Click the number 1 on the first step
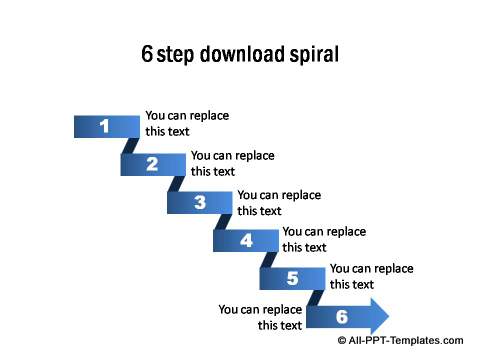coord(105,126)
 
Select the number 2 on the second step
coord(152,165)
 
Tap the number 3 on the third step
coord(199,203)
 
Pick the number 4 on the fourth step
coord(246,241)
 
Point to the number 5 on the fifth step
coord(292,279)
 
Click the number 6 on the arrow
coord(341,317)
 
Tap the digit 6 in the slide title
coord(147,54)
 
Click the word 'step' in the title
coord(175,54)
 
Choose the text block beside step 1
coord(187,123)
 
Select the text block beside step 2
coord(233,162)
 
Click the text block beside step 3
coord(279,202)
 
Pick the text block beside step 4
coord(324,239)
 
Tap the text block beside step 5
coord(371,276)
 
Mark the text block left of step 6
coord(260,317)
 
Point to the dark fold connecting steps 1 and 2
coord(129,145)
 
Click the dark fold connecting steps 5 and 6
coord(315,298)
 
